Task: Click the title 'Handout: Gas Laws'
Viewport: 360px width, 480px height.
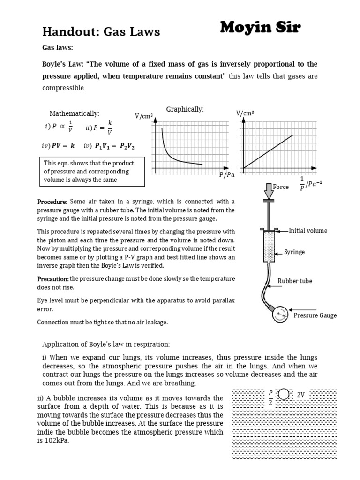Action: pyautogui.click(x=101, y=31)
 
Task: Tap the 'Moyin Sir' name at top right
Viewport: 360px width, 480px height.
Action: pyautogui.click(x=261, y=29)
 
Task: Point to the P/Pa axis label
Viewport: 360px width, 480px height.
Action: pyautogui.click(x=226, y=175)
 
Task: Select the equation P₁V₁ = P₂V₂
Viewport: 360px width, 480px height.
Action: pyautogui.click(x=115, y=146)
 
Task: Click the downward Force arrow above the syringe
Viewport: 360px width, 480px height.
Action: pyautogui.click(x=269, y=190)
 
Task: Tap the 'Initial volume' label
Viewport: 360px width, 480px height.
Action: pyautogui.click(x=308, y=231)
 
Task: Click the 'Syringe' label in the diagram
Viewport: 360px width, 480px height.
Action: pyautogui.click(x=294, y=252)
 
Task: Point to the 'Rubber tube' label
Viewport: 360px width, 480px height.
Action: pyautogui.click(x=295, y=281)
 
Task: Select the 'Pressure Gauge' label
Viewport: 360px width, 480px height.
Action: pyautogui.click(x=315, y=315)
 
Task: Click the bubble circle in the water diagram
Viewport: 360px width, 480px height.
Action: pyautogui.click(x=284, y=394)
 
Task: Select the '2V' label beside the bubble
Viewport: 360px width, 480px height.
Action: pyautogui.click(x=301, y=395)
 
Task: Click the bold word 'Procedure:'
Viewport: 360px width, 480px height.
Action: pyautogui.click(x=52, y=202)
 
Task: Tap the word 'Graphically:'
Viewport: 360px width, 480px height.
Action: pyautogui.click(x=185, y=109)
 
